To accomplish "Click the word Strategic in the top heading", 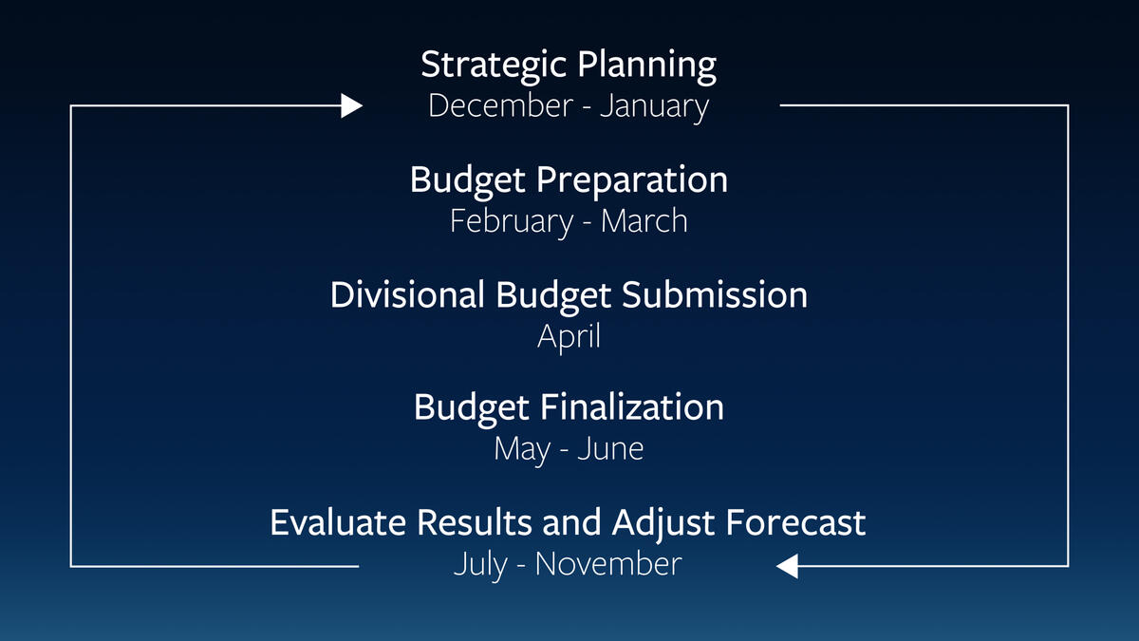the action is tap(494, 66).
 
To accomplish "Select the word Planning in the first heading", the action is tap(646, 66).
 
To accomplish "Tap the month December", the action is tap(501, 105).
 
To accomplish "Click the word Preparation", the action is tap(632, 181).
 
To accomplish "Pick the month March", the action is tap(644, 220).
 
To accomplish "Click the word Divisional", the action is tap(407, 294).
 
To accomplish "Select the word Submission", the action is tap(715, 294).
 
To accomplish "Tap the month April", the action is tap(569, 338).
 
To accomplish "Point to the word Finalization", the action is tap(632, 407).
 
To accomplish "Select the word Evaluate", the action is tap(338, 522).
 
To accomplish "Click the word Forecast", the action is tap(795, 522).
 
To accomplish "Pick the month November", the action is tap(608, 564).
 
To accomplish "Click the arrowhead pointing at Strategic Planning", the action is tap(351, 105).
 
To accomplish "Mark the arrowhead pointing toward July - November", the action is tap(787, 566).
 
